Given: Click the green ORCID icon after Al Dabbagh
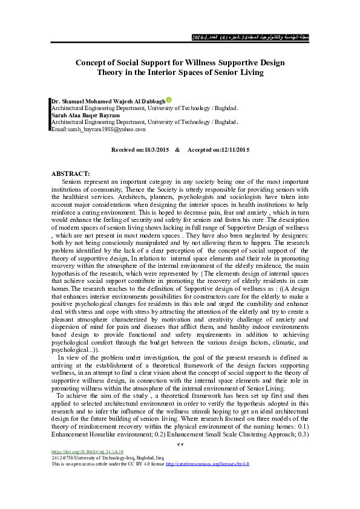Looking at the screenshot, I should pos(169,100).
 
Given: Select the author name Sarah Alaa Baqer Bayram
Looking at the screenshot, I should pos(86,114).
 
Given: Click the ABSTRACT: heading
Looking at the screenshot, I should pos(71,173).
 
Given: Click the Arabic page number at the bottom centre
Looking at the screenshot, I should pos(179,445).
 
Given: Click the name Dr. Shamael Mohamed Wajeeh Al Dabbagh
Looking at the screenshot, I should pos(108,100).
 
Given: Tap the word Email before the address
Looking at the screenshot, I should pos(59,129).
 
